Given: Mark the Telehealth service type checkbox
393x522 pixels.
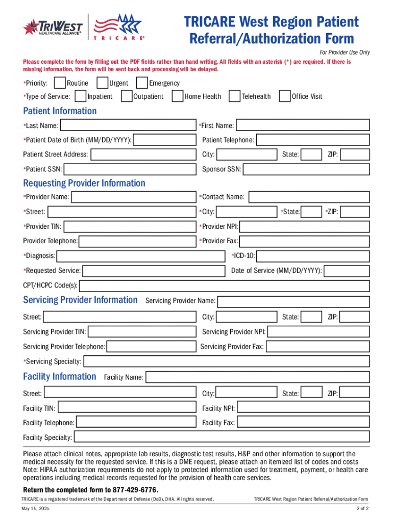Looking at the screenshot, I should point(234,96).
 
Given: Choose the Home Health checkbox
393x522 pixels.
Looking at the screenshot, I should point(177,96).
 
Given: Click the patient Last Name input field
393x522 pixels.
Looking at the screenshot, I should point(128,125).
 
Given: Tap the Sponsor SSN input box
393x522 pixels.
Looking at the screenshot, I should point(306,169).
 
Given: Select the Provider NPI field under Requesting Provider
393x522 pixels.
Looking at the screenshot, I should point(304,226).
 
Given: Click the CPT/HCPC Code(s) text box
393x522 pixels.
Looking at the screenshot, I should point(224,285).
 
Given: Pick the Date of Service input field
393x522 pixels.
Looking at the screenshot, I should point(347,271).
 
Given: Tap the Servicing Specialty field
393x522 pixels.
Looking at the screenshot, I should point(226,361).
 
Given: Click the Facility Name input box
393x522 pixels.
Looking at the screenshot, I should point(257,377).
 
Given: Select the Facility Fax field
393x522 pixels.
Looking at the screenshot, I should point(303,423).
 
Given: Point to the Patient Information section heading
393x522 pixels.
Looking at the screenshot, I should point(60,111).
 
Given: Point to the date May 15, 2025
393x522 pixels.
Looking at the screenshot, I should point(35,509).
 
